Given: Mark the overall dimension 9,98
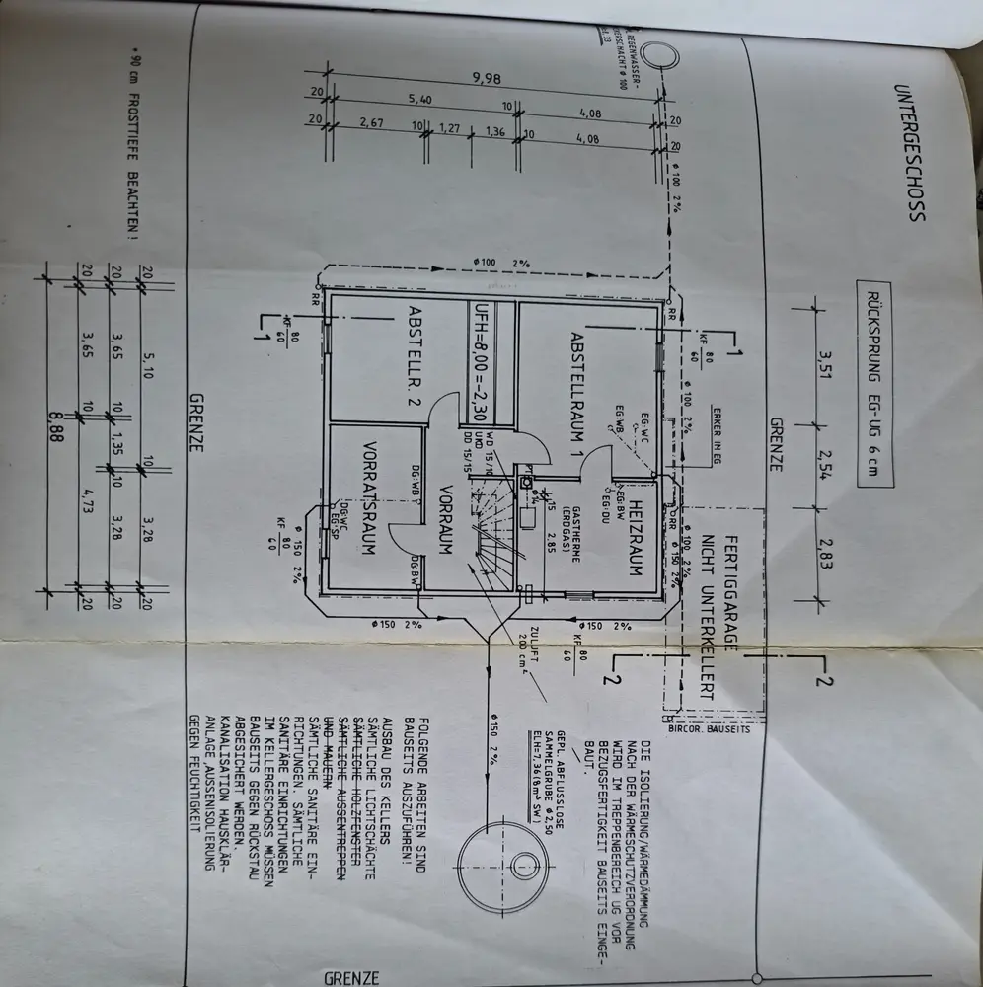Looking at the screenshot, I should [x=485, y=80].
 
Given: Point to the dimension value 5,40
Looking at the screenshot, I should [x=418, y=101].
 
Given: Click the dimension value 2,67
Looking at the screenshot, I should [x=371, y=124].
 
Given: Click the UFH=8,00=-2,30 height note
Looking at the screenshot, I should [x=483, y=361].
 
